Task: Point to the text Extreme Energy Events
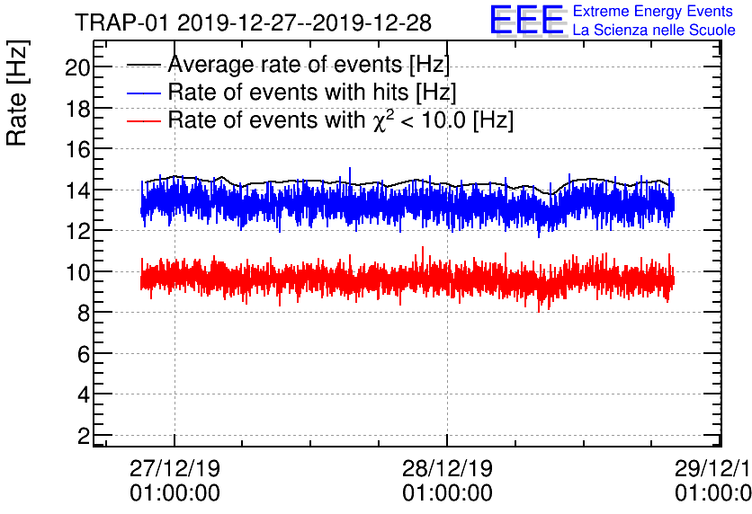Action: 653,12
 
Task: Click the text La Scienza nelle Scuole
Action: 653,31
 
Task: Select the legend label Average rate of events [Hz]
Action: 309,65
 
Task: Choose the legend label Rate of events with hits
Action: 312,92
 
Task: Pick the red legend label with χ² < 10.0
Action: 341,120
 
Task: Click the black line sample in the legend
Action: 144,65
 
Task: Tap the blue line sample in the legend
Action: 144,92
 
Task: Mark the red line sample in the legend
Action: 144,120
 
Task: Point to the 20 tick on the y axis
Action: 77,66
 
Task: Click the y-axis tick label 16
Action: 77,149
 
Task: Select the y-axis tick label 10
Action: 77,272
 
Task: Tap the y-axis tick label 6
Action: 83,354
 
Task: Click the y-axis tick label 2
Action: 83,436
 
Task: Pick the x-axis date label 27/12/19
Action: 175,469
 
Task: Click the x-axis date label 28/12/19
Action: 447,469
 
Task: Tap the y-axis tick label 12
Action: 77,231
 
